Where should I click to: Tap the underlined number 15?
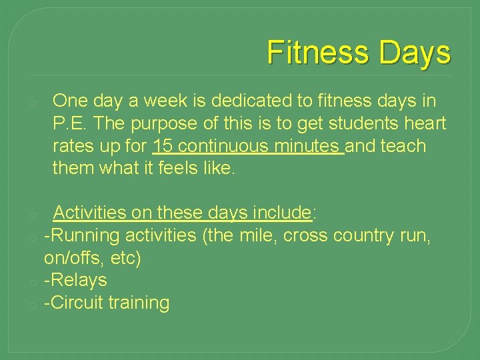[163, 145]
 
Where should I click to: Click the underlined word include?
[277, 213]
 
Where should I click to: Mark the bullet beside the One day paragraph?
[31, 104]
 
